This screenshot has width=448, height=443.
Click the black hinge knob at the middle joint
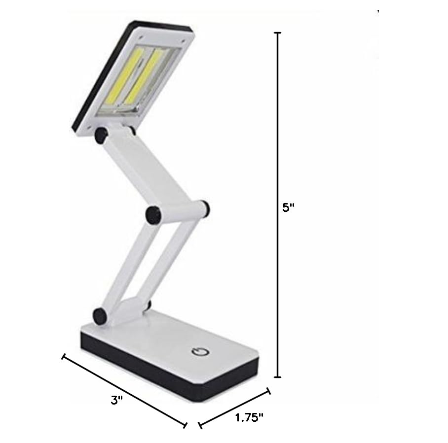(x=153, y=214)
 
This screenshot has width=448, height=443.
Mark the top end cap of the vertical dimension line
(x=278, y=34)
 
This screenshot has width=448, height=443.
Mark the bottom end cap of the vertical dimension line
(x=278, y=377)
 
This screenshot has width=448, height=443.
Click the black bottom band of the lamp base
(x=163, y=375)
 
